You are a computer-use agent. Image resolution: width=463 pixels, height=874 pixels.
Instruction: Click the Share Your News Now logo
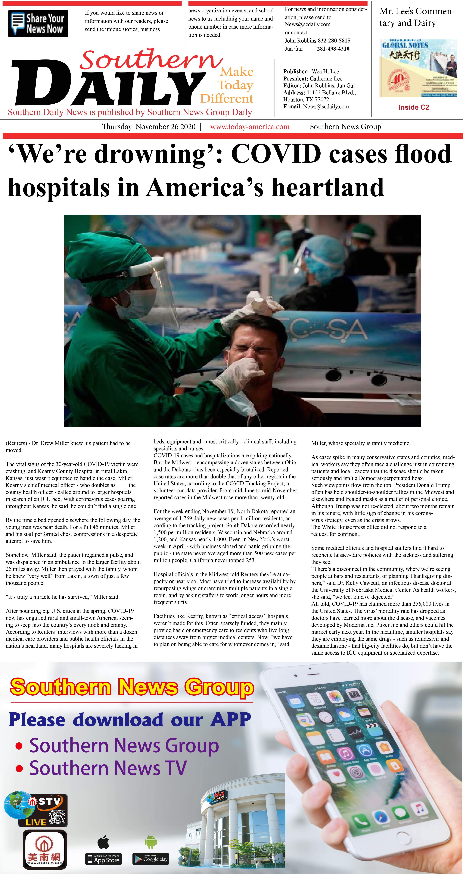38,23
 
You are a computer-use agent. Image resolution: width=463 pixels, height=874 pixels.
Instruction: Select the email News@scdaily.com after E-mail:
326,107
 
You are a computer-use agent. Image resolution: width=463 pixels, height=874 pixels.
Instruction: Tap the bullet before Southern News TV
19,768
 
